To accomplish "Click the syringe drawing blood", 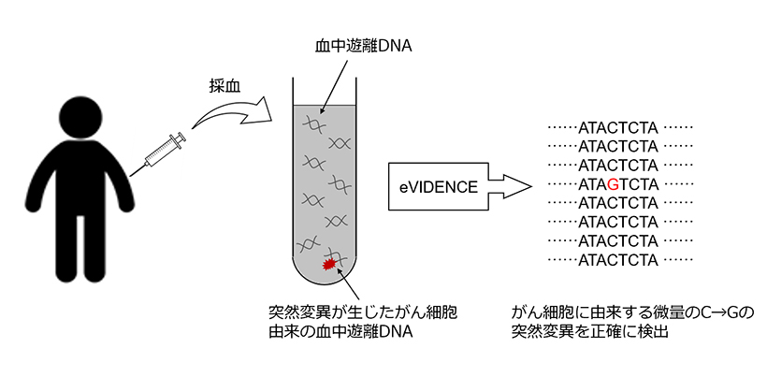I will (163, 152).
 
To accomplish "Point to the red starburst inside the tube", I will (329, 267).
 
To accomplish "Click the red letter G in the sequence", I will (612, 183).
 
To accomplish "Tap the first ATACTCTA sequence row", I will (618, 127).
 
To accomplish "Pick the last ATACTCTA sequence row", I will (618, 259).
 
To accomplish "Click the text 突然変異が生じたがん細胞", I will (361, 311).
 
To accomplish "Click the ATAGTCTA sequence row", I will (618, 183).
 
